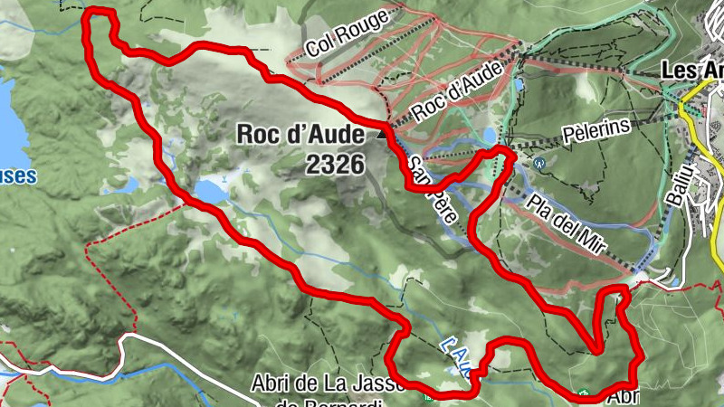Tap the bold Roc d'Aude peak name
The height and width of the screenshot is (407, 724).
pyautogui.click(x=300, y=134)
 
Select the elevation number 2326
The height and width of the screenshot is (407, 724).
pyautogui.click(x=335, y=164)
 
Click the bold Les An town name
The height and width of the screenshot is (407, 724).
pyautogui.click(x=691, y=70)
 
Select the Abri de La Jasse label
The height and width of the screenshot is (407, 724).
pyautogui.click(x=326, y=384)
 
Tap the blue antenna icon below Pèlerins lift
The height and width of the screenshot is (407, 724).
pyautogui.click(x=540, y=164)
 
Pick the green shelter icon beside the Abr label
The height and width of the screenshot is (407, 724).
pyautogui.click(x=586, y=394)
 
